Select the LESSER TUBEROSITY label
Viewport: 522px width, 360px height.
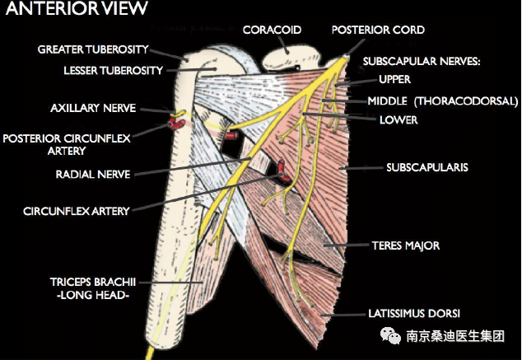(x=114, y=70)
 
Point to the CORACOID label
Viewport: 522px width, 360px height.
(x=272, y=30)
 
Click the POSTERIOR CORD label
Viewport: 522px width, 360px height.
(x=378, y=30)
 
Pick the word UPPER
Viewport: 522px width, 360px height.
(x=394, y=80)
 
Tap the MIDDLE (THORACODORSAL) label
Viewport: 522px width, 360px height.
(x=442, y=101)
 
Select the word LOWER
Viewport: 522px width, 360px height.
(x=398, y=120)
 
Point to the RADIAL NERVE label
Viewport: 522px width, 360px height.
(x=91, y=175)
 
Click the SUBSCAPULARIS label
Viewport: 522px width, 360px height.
(x=427, y=167)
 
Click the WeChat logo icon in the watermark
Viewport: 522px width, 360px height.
(x=387, y=335)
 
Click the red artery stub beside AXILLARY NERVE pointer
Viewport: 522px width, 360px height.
(x=175, y=124)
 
